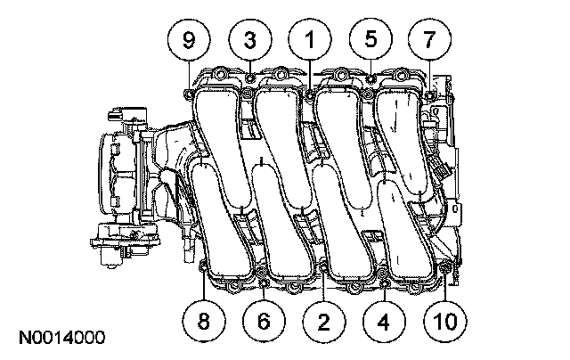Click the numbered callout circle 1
pyautogui.click(x=310, y=39)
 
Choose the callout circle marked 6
pyautogui.click(x=264, y=320)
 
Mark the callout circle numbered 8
pyautogui.click(x=204, y=320)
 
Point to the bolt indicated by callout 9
pyautogui.click(x=188, y=91)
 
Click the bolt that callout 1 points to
pyautogui.click(x=309, y=92)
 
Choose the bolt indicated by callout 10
pyautogui.click(x=445, y=266)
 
